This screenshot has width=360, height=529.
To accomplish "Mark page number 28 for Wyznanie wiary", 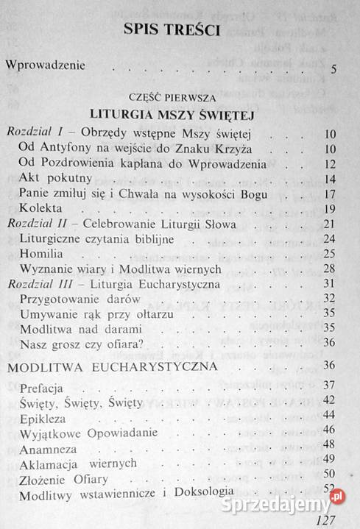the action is [x=330, y=269].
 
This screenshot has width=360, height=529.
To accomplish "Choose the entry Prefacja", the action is [x=43, y=386].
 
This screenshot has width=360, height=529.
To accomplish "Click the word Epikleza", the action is [x=44, y=415].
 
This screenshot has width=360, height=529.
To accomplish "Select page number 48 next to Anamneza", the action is [x=329, y=445].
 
